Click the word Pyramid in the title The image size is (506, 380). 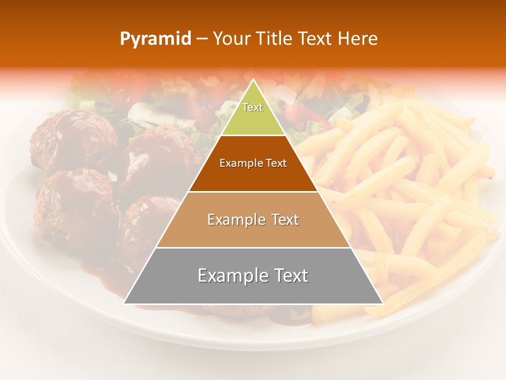pos(155,39)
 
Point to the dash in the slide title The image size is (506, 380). pos(202,39)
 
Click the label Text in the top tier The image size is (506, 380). pos(252,107)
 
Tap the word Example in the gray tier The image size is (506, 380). pos(229,275)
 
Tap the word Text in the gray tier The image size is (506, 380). pos(289,275)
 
